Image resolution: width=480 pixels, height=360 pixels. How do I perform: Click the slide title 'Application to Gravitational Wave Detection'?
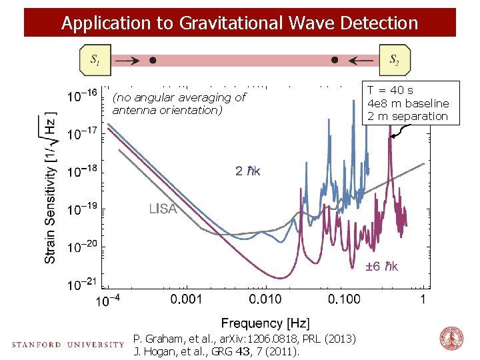[239, 23]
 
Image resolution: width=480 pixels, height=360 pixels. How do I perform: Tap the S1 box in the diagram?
[95, 60]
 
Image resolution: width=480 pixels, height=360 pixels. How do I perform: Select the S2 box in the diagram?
[395, 60]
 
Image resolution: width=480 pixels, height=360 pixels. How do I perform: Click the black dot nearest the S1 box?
[153, 60]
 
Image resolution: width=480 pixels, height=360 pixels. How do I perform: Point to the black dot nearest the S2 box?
[335, 60]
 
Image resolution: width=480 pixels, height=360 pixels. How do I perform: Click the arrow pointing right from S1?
[127, 60]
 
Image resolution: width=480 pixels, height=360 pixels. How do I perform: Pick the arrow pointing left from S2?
[361, 60]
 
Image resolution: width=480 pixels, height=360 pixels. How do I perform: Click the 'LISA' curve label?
[163, 209]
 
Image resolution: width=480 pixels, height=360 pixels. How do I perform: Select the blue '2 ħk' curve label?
[248, 171]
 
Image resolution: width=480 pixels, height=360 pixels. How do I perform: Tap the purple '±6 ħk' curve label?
[382, 267]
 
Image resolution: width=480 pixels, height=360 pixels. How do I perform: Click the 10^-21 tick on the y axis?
[83, 285]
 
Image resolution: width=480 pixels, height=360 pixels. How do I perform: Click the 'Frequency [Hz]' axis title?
[265, 323]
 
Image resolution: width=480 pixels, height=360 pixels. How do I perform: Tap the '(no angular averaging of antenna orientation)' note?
[179, 103]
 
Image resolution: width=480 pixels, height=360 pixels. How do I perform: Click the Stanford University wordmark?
[67, 345]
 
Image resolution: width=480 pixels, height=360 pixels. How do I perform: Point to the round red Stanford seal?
[451, 339]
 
